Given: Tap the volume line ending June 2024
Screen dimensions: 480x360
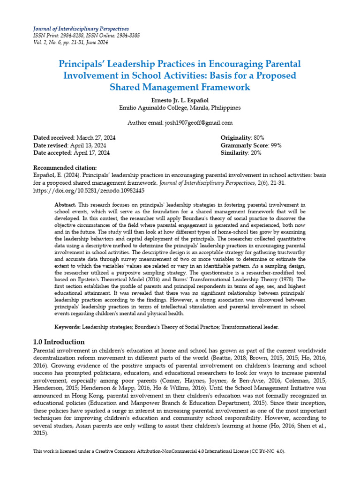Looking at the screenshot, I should [70, 42].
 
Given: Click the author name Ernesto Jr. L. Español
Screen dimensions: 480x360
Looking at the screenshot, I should [180, 100].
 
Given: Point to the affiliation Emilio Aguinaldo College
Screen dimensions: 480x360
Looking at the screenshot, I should [180, 107].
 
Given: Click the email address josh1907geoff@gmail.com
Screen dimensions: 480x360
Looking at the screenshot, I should [198, 123].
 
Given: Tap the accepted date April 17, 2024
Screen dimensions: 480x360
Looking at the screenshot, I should [91, 153].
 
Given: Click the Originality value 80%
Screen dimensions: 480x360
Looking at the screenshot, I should [258, 138].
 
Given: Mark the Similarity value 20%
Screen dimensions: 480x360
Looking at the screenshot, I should [256, 153].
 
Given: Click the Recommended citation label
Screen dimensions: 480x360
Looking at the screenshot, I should [65, 168].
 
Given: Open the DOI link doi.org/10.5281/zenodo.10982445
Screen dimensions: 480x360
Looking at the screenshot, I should [89, 191].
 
